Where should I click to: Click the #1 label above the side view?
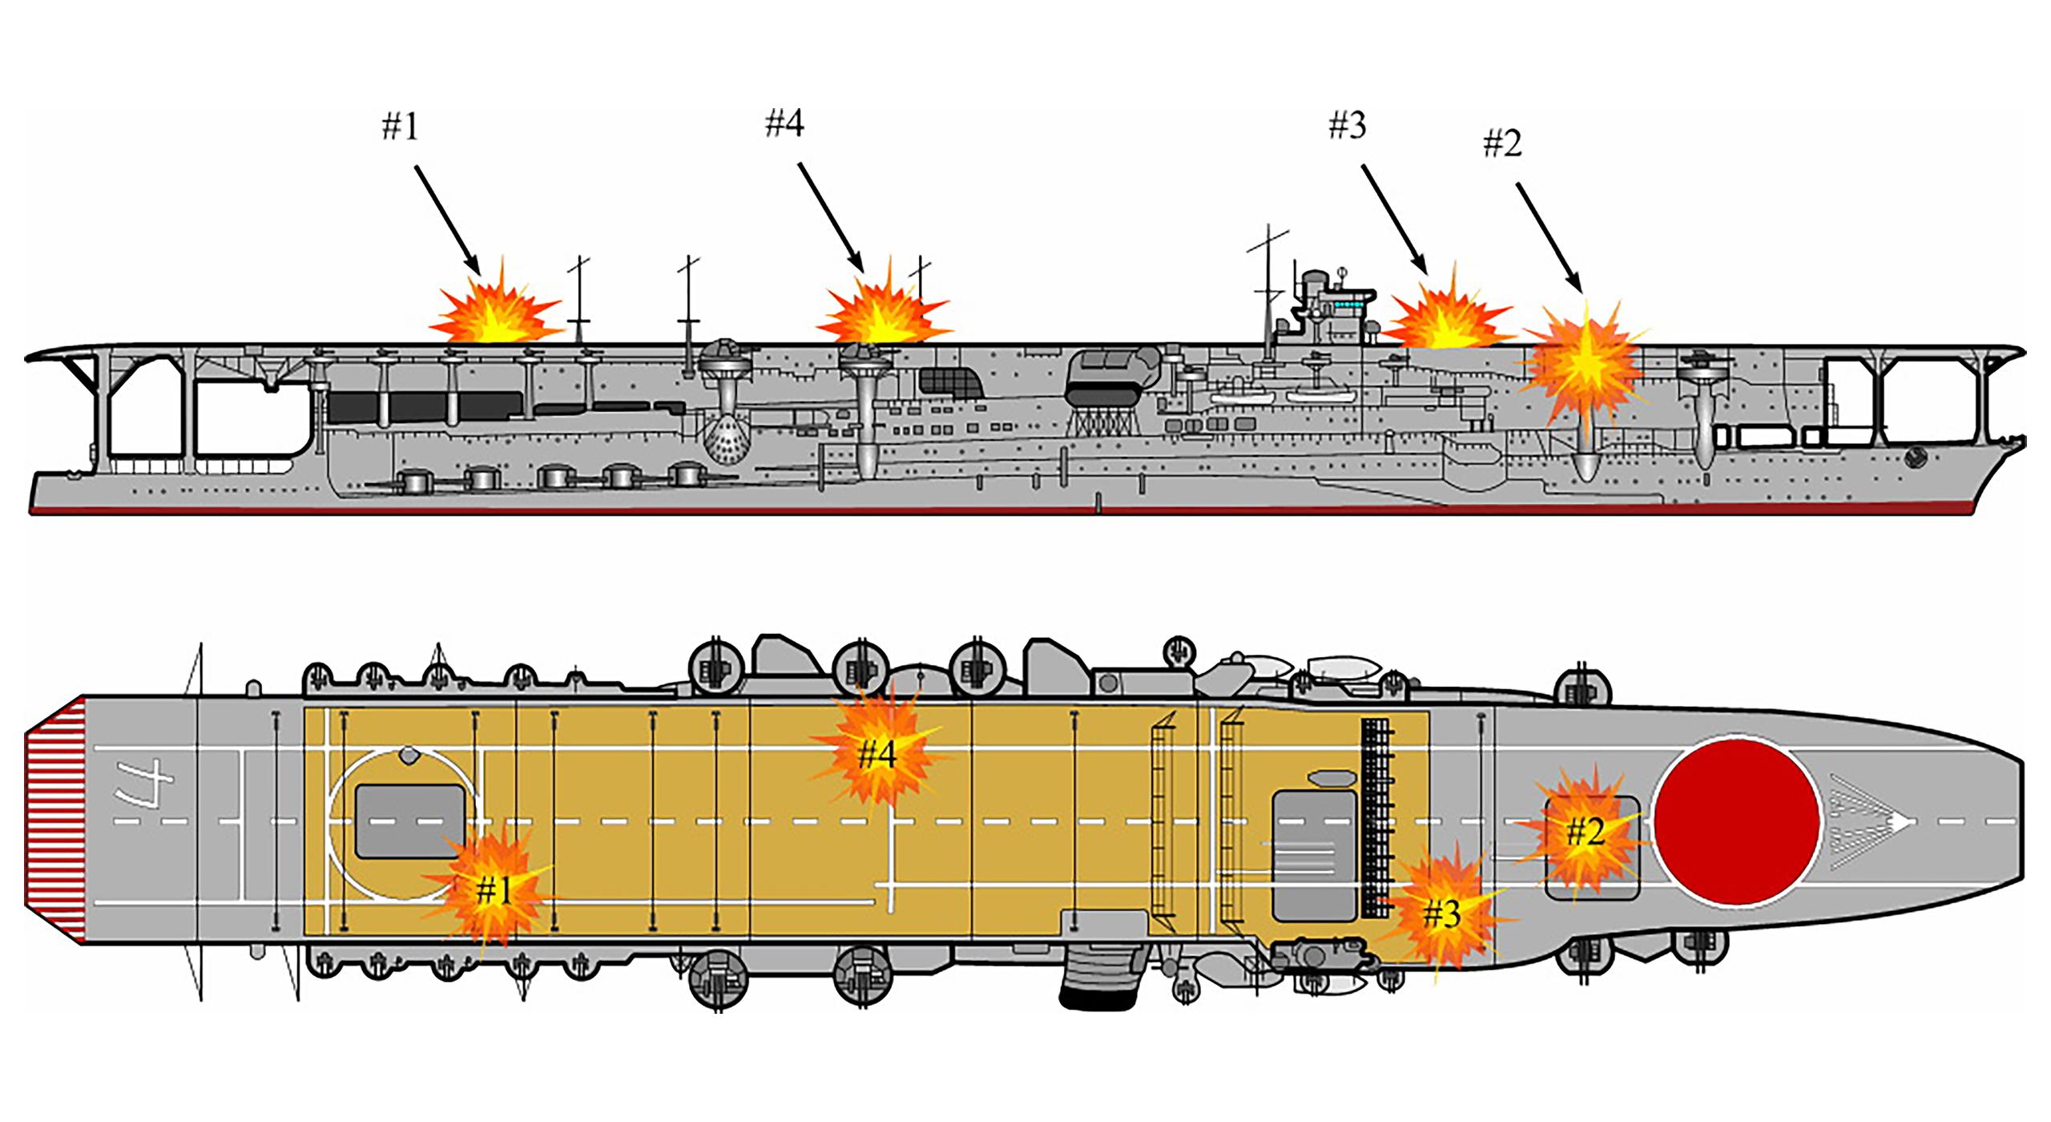(x=400, y=127)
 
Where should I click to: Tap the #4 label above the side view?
(x=784, y=124)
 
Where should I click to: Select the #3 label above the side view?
(x=1347, y=126)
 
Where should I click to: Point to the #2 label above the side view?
(x=1501, y=144)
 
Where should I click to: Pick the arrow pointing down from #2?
(x=1549, y=237)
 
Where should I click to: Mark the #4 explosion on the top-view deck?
(x=877, y=754)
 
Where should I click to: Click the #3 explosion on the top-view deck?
(x=1441, y=913)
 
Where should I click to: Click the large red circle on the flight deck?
(x=1738, y=822)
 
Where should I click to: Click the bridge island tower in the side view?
(x=1330, y=309)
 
